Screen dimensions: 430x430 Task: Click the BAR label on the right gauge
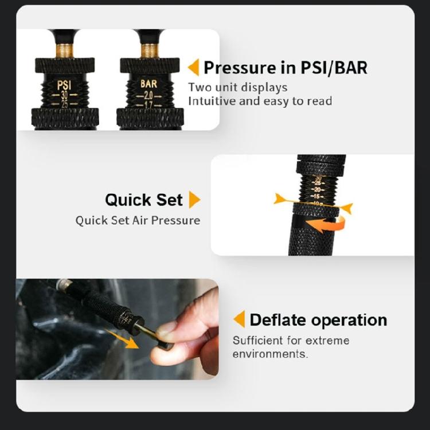click(148, 84)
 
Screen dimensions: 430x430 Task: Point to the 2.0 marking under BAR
click(148, 95)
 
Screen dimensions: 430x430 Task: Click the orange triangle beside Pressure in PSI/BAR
click(193, 68)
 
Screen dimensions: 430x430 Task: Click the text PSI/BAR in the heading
click(334, 68)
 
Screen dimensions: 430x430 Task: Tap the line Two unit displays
click(238, 88)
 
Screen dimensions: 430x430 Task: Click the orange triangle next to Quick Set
click(194, 200)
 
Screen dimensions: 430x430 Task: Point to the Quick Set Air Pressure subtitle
click(138, 220)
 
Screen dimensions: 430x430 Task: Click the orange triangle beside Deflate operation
click(239, 319)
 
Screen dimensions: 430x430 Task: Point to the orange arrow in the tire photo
click(128, 341)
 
